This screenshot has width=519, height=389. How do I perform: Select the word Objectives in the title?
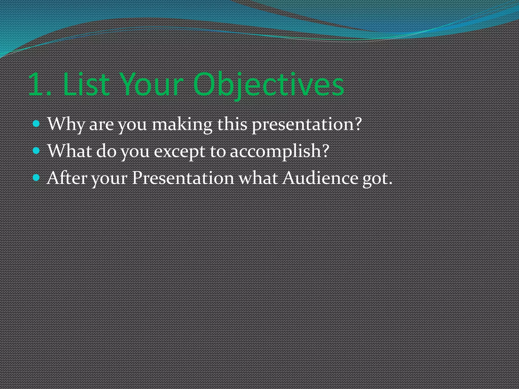coord(268,85)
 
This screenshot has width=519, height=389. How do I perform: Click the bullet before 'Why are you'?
coord(36,124)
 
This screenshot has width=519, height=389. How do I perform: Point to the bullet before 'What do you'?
coord(36,151)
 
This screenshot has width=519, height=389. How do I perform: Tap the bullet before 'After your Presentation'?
coord(36,178)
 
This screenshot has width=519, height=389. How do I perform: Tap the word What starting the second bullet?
coord(69,151)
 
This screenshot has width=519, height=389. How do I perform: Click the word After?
coord(67,178)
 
